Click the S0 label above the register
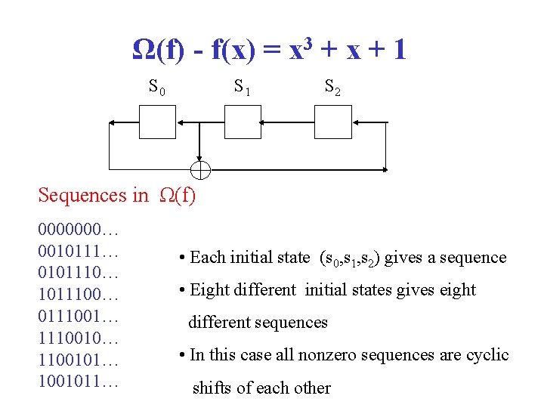coord(157,88)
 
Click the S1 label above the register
coord(243,88)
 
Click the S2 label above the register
coord(332,88)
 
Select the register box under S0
coord(157,121)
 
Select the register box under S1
coord(243,121)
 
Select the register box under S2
coord(332,121)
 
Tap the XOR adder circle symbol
coord(200,168)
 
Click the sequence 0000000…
coord(79,227)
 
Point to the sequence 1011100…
coord(79,293)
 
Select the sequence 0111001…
coord(79,315)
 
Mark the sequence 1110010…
coord(79,337)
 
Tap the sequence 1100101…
coord(79,359)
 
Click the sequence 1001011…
coord(79,381)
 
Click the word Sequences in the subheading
coord(82,196)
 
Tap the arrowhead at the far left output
coord(112,121)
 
